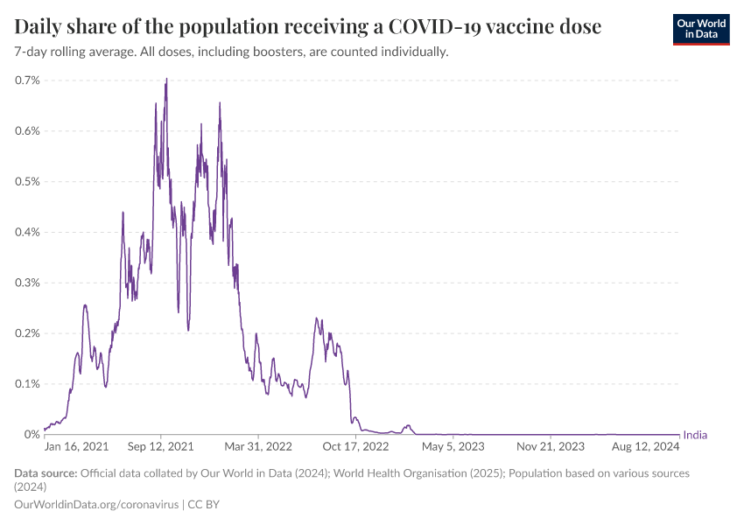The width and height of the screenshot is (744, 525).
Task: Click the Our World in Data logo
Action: [700, 29]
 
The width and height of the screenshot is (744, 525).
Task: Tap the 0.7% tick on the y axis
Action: [27, 80]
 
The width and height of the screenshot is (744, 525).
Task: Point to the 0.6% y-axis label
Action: [27, 131]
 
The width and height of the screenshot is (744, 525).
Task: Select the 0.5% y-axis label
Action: [27, 182]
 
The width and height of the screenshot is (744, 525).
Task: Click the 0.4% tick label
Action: [27, 233]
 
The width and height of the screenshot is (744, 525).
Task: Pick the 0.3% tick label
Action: [27, 283]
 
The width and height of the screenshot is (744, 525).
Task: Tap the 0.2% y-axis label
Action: [27, 333]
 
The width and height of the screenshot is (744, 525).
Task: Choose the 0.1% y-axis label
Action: [27, 384]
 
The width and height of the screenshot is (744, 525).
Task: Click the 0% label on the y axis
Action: [32, 435]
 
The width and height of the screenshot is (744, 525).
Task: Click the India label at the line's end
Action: [695, 435]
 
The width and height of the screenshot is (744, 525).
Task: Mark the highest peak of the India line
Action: [166, 79]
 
